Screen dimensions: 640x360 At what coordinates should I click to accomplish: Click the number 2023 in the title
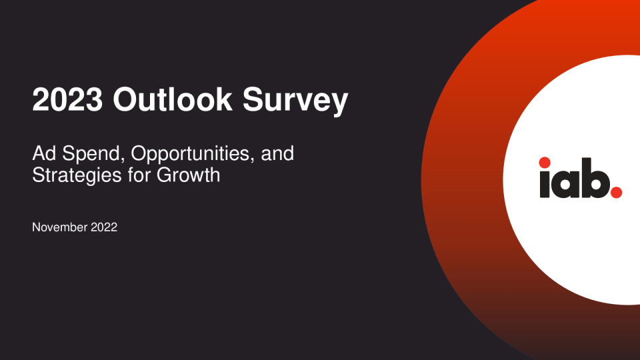pos(67,99)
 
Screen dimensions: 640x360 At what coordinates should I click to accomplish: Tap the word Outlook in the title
pos(173,99)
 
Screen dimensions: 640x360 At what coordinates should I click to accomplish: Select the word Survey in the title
pos(295,101)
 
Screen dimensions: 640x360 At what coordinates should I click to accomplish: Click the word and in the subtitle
pos(277,154)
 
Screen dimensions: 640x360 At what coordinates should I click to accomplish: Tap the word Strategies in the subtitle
pos(77,176)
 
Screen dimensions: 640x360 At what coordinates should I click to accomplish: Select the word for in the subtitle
pos(139,175)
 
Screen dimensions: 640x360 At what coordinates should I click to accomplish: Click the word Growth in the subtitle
pos(189,175)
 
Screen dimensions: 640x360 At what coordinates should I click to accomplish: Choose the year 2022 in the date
pos(104,227)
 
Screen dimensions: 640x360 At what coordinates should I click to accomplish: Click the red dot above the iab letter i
pos(545,163)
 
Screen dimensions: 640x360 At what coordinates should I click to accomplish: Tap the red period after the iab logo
pos(616,192)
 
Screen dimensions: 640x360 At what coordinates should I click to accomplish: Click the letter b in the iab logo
pos(595,178)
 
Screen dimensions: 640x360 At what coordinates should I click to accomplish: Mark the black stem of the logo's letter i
pos(545,185)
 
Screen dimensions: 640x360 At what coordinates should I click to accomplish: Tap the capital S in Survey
pos(254,99)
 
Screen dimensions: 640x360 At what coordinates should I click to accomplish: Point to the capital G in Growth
pos(164,175)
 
